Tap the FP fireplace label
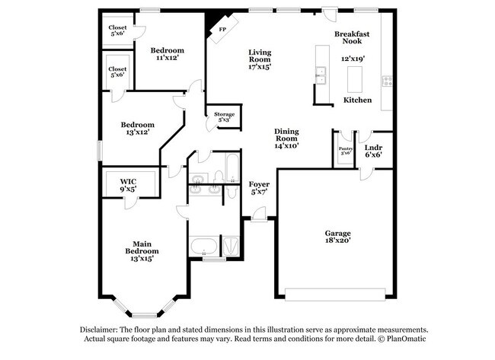click(x=222, y=29)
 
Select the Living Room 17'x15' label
click(x=260, y=59)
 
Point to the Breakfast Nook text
click(x=352, y=39)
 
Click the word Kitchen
click(x=357, y=100)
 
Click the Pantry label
click(x=344, y=150)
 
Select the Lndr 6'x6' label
click(x=373, y=151)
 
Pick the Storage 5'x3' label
click(x=224, y=116)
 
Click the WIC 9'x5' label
click(x=128, y=185)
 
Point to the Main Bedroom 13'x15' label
click(x=142, y=250)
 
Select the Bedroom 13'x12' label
click(x=138, y=129)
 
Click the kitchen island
click(x=354, y=78)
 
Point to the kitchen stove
click(x=387, y=80)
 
